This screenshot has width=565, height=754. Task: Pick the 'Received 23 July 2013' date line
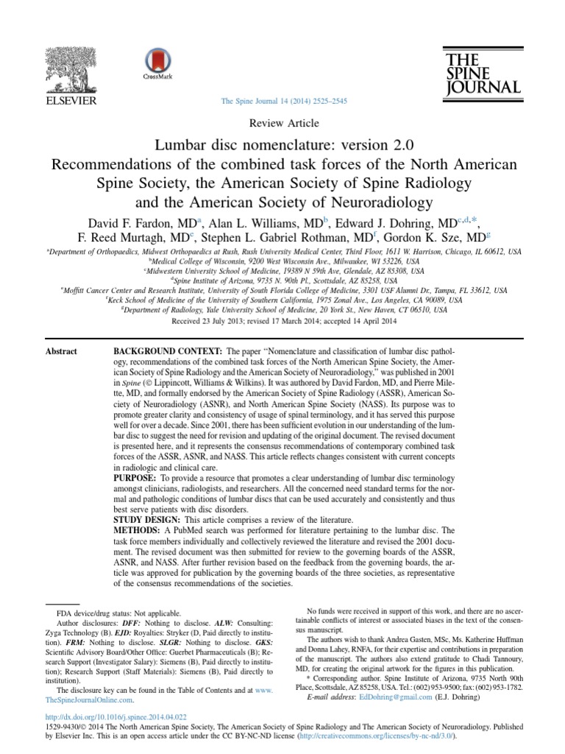click(282, 322)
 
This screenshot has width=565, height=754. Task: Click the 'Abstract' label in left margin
click(62, 351)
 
